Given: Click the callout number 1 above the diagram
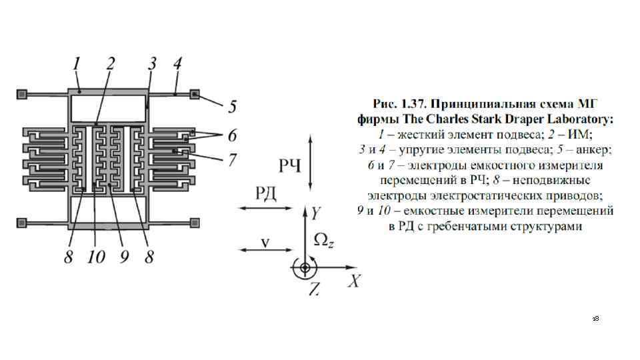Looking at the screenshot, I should [x=77, y=65].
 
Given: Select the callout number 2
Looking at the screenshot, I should [x=111, y=65].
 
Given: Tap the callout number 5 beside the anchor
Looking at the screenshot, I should [x=233, y=105].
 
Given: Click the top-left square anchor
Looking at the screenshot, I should [x=23, y=94].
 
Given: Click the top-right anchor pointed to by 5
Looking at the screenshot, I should [x=195, y=94].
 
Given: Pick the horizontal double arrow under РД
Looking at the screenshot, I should [x=265, y=209].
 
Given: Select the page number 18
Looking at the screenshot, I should [x=595, y=320].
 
